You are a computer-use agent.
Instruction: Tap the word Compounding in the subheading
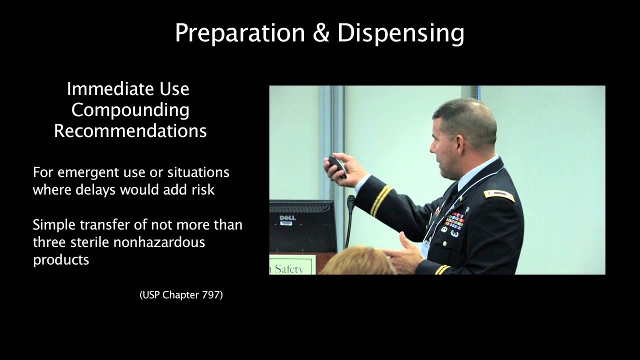click(130, 110)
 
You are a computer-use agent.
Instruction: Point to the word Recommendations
click(130, 131)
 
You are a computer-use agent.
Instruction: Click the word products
click(61, 260)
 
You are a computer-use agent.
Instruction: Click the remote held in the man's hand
click(336, 165)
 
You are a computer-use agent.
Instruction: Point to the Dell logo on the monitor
click(287, 218)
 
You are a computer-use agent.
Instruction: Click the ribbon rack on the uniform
click(454, 220)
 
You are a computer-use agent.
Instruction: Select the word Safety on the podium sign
click(289, 268)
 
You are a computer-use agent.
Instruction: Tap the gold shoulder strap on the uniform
click(498, 195)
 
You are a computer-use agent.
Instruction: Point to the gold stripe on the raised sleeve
click(381, 200)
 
